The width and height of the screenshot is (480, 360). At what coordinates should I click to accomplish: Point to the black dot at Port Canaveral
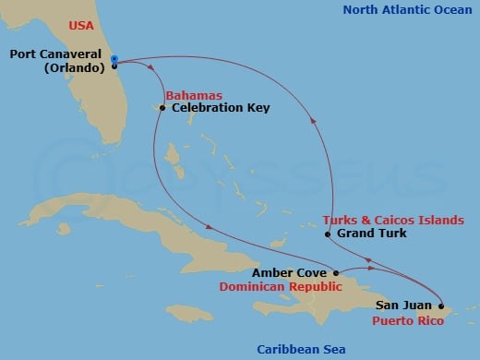coord(114,66)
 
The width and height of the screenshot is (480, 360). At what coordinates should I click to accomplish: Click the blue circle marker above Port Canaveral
coord(114,59)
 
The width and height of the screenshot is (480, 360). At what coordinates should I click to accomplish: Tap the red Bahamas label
coord(191,96)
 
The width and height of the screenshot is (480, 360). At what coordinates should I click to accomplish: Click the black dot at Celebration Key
coord(162,109)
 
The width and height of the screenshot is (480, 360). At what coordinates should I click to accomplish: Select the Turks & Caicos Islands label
coord(393,221)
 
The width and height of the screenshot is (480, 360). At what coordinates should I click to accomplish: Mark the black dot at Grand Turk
coord(328,234)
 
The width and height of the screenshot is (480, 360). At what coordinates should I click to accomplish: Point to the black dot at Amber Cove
coord(336,273)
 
